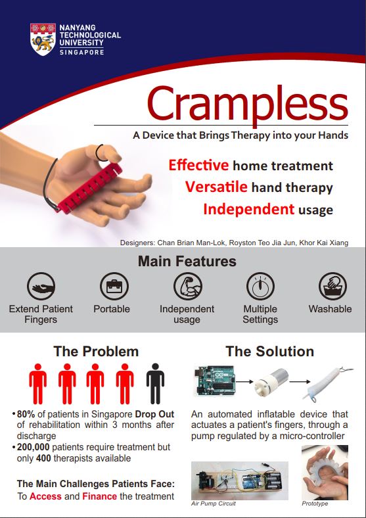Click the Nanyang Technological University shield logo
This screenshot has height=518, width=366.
point(43,39)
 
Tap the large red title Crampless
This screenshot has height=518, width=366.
point(248,104)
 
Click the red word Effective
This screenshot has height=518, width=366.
point(198,165)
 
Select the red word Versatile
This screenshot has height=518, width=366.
point(216,187)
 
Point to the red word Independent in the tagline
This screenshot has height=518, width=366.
point(248,209)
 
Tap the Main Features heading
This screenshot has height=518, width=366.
point(187,262)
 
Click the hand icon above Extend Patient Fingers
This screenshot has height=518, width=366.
point(41,286)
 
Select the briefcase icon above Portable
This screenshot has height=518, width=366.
point(114,286)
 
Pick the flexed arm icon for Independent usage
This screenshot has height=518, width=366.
point(187,286)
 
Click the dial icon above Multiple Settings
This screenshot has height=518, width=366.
point(260,286)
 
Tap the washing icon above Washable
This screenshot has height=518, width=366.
point(332,286)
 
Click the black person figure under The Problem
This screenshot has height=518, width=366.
point(155,383)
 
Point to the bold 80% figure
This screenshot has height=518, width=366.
point(26,414)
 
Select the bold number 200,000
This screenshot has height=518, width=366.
point(33,447)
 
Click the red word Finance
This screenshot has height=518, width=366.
point(99,496)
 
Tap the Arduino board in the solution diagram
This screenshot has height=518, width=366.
point(214,381)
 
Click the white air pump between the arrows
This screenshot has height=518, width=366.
point(271,382)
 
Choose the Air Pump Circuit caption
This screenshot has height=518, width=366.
point(214,504)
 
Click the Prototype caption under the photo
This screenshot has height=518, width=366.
point(315,504)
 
